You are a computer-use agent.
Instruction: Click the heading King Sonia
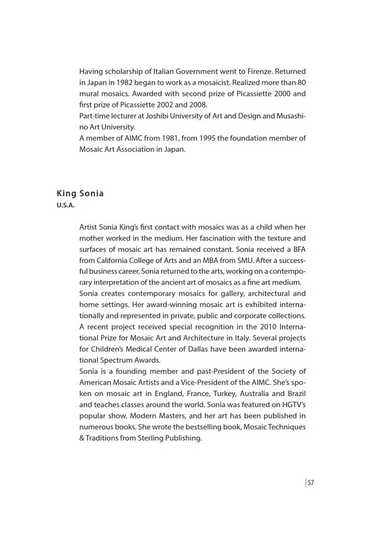(x=80, y=194)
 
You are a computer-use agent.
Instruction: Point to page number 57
(x=311, y=483)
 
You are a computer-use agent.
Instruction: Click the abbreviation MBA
(x=220, y=260)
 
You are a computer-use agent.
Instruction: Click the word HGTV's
(x=292, y=405)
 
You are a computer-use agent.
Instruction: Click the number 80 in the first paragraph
(x=301, y=82)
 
